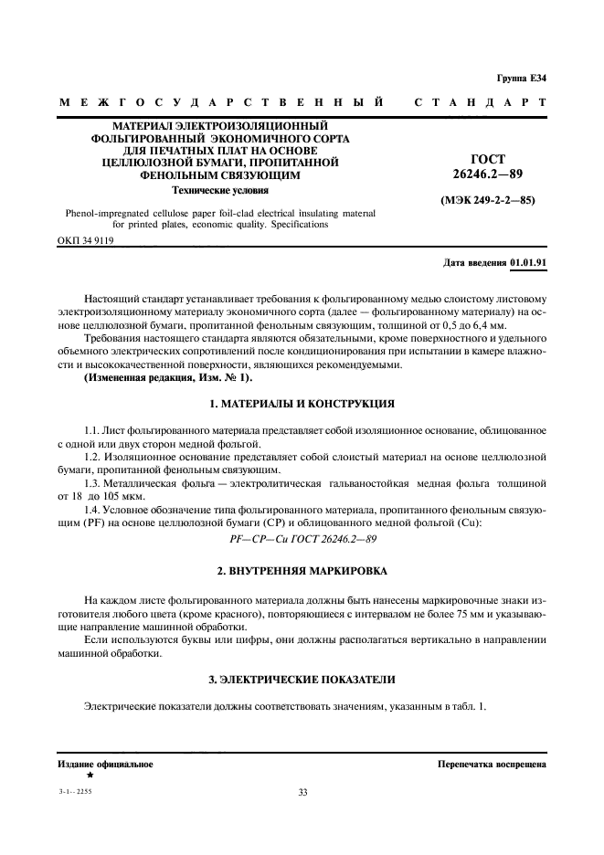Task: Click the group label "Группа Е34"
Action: pos(522,79)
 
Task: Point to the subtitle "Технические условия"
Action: pos(221,191)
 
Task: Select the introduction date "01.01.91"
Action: pos(528,262)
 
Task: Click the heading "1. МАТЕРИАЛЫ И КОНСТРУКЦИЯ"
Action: pos(302,403)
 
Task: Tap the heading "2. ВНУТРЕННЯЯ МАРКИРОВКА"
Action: pos(302,571)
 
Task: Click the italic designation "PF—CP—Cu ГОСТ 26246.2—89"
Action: pos(302,539)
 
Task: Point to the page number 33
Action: pos(302,792)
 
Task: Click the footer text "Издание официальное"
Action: pos(105,764)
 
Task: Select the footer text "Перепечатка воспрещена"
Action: pos(492,764)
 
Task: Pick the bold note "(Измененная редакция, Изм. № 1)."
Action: pos(156,377)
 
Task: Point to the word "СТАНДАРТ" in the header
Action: pos(481,103)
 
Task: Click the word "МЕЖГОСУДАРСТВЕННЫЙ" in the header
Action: pos(220,103)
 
